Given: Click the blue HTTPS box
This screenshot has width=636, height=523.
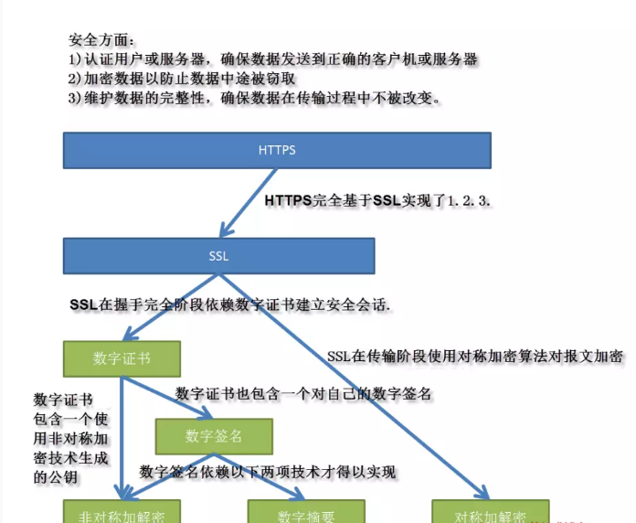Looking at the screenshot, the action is (277, 150).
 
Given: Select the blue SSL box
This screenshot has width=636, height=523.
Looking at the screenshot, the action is (218, 256).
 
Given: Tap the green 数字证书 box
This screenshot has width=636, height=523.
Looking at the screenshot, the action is (122, 358).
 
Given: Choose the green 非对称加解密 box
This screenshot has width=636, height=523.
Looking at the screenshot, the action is (122, 514).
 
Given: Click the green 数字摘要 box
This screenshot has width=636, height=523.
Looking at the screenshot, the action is (306, 514).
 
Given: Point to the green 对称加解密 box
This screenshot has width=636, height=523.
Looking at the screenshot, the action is (490, 514).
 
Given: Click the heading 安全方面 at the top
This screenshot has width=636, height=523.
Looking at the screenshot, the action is (102, 40).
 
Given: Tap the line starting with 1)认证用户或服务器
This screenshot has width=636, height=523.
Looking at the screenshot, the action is (273, 59).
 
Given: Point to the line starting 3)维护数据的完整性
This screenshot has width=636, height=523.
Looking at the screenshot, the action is (255, 98).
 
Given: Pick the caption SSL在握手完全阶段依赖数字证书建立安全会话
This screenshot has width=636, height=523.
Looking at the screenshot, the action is (230, 304).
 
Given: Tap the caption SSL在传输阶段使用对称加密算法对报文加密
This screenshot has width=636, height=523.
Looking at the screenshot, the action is (475, 357).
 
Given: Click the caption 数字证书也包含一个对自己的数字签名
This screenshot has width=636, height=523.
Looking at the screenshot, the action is (302, 394).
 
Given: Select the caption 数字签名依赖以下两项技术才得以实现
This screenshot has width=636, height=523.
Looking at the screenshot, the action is (268, 472).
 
